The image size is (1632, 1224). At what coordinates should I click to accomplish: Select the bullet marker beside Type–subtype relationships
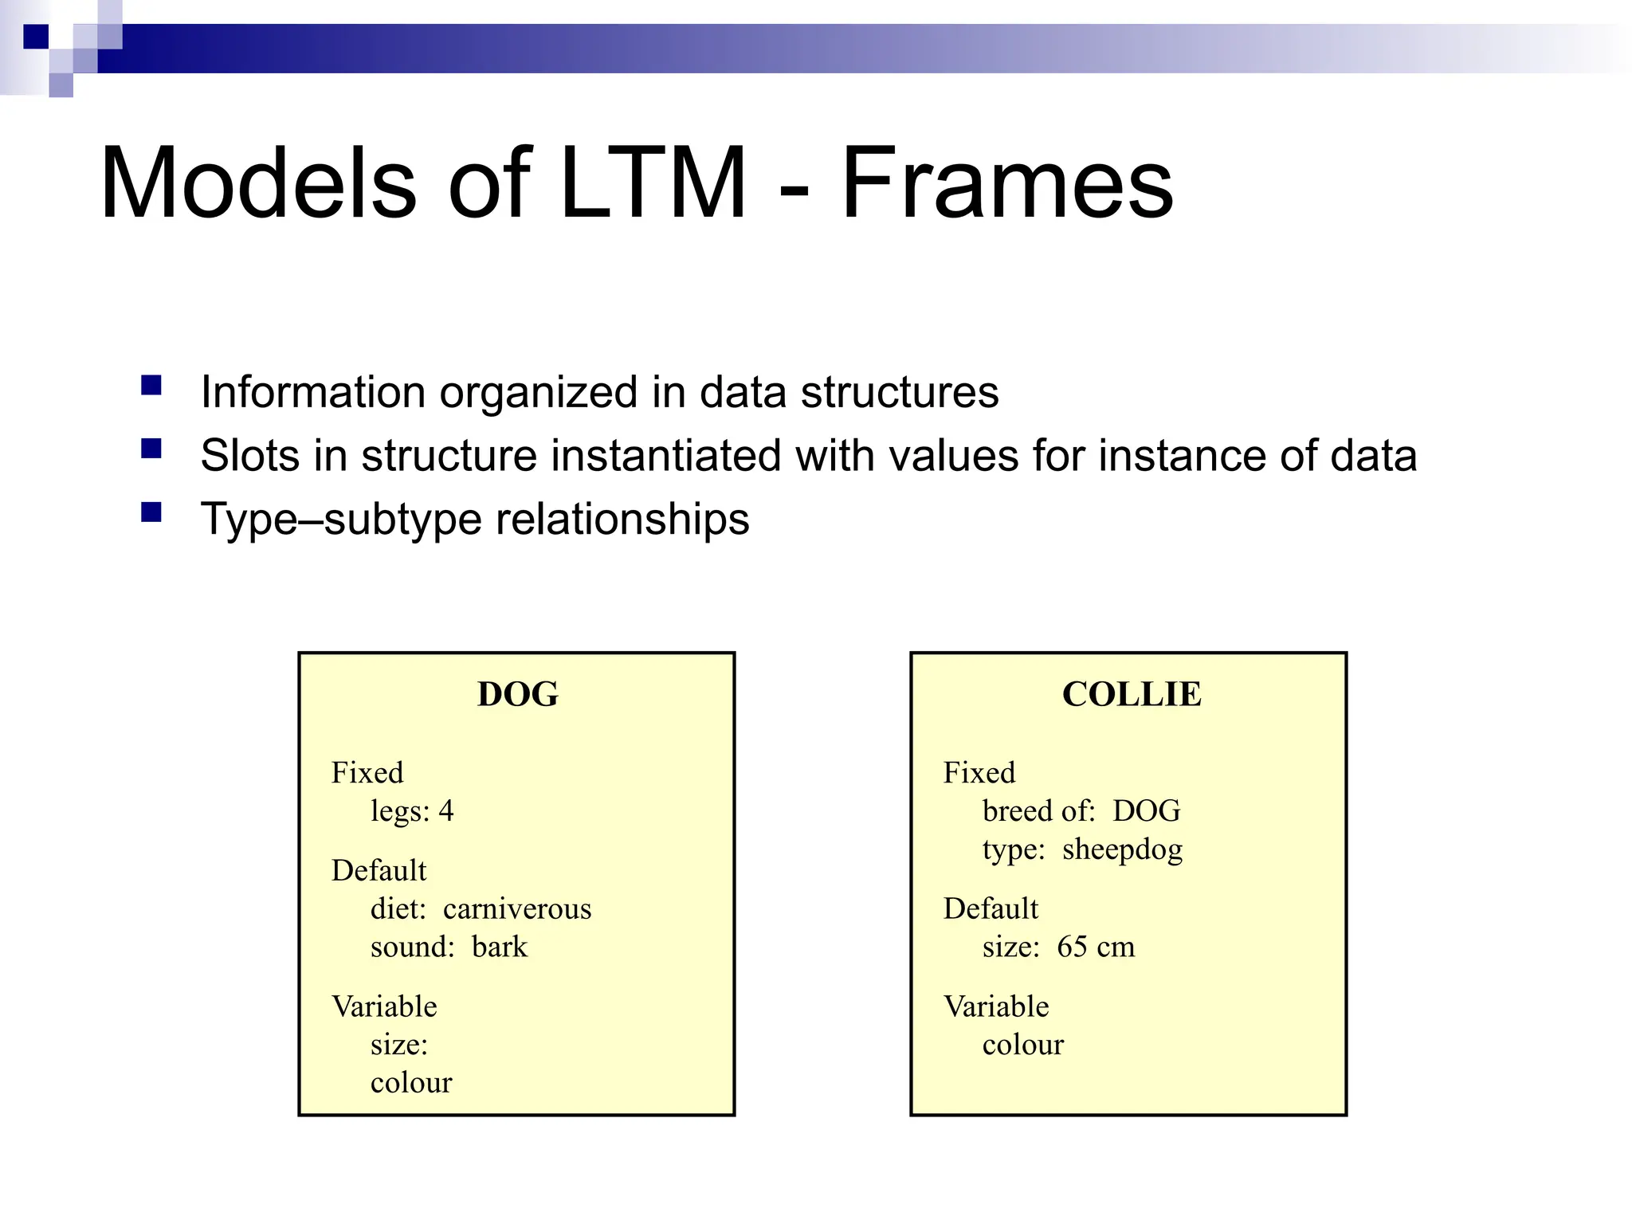coord(151,512)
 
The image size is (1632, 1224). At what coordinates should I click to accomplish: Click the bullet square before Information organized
coord(151,386)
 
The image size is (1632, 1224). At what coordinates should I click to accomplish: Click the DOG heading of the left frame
coord(518,694)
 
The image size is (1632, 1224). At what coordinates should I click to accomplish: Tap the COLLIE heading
coord(1132,694)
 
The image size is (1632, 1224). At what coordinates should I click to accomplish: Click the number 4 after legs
coord(446,811)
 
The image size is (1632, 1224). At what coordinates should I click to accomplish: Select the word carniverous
coord(517,909)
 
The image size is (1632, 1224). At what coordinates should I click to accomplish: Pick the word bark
coord(500,947)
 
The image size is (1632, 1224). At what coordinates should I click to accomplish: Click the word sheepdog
coord(1122,850)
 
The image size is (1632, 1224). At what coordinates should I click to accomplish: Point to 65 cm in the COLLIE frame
coord(1096,947)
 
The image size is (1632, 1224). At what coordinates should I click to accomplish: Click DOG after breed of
coord(1146,811)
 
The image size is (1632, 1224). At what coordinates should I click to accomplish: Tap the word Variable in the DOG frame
coord(384,1006)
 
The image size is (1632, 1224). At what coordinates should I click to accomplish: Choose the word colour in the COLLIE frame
coord(1022,1045)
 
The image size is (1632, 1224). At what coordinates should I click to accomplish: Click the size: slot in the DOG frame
coord(399,1045)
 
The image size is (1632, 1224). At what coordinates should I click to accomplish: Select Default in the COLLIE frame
coord(991,908)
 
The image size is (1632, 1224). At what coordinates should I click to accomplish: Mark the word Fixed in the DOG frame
coord(367,773)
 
